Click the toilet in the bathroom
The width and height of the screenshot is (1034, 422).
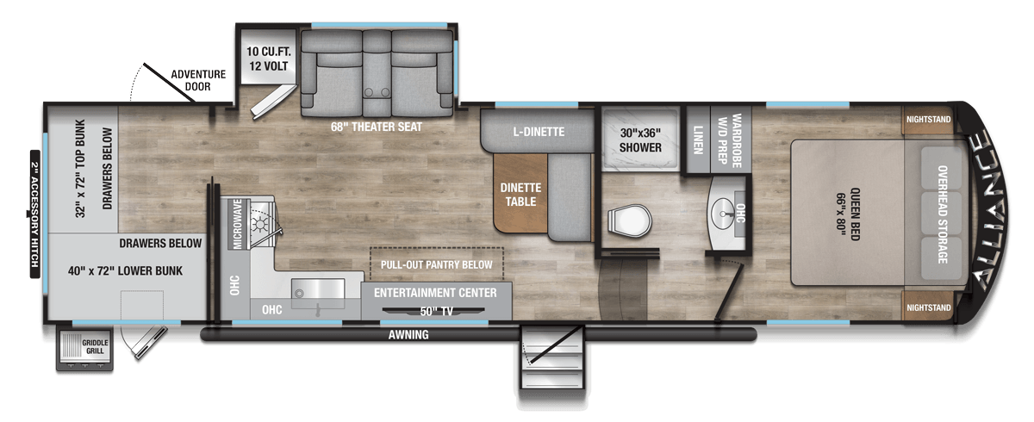pyautogui.click(x=629, y=222)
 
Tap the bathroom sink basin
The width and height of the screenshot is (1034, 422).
pyautogui.click(x=722, y=214)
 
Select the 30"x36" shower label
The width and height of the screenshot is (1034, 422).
pyautogui.click(x=640, y=140)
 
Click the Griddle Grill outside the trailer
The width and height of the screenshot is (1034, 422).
pyautogui.click(x=84, y=349)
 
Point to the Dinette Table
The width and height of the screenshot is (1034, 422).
pyautogui.click(x=520, y=194)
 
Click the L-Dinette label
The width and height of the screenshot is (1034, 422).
pyautogui.click(x=539, y=132)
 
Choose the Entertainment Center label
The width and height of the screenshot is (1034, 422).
pyautogui.click(x=435, y=293)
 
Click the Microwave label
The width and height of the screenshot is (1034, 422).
pyautogui.click(x=238, y=224)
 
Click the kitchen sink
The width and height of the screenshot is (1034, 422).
pyautogui.click(x=318, y=289)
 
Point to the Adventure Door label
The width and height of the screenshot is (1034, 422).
pyautogui.click(x=198, y=80)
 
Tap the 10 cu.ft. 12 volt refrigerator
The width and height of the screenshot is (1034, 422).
pyautogui.click(x=268, y=57)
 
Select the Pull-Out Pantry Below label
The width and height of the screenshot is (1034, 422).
pyautogui.click(x=436, y=264)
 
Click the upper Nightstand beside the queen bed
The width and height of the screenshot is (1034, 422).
pyautogui.click(x=928, y=120)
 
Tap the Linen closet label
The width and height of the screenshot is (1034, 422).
pyautogui.click(x=697, y=140)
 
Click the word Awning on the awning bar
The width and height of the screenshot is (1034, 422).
pyautogui.click(x=408, y=334)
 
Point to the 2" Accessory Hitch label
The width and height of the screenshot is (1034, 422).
pyautogui.click(x=35, y=214)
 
